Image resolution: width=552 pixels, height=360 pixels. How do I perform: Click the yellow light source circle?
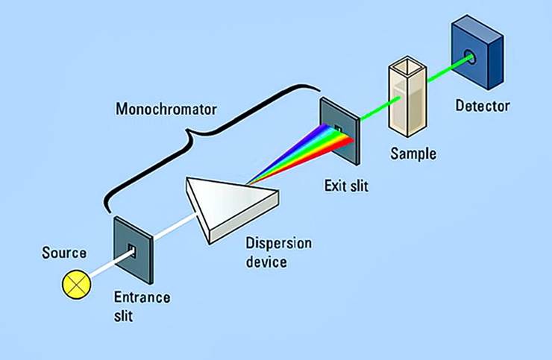click(x=75, y=282)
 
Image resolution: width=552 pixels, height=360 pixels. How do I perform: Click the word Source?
click(x=64, y=253)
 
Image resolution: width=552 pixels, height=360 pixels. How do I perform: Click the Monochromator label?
click(x=166, y=110)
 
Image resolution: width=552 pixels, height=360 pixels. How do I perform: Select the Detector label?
click(x=483, y=106)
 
